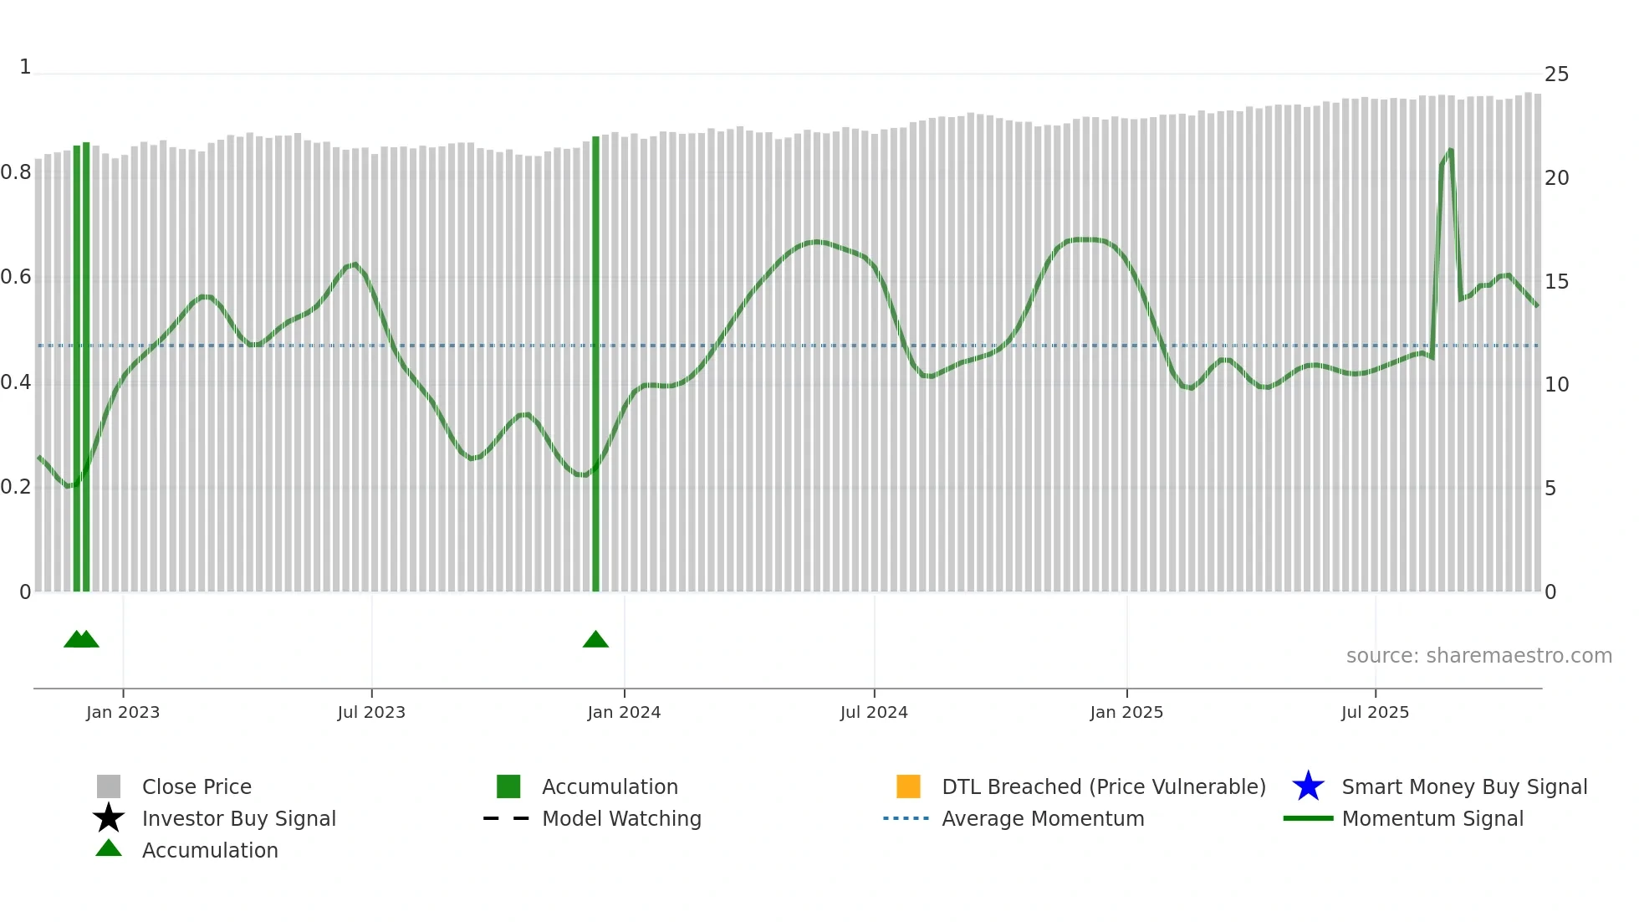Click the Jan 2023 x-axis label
pos(123,712)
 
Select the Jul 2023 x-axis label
pos(371,712)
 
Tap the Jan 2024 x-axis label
pos(624,712)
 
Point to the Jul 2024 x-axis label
pos(874,712)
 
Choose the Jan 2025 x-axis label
pos(1126,712)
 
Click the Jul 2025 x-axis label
pos(1375,712)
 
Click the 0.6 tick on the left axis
pos(16,277)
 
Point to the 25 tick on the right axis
pos(1556,74)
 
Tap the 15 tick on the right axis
pos(1556,282)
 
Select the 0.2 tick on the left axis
pos(16,487)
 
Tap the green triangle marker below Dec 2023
pos(595,640)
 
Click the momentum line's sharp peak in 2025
pos(1450,151)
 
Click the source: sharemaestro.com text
pos(1478,656)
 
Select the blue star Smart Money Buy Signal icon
pos(1308,786)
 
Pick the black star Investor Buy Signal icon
pos(109,818)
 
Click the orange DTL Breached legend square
pos(908,786)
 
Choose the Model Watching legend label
pos(621,818)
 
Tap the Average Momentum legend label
pos(1043,818)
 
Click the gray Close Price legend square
pos(109,786)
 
